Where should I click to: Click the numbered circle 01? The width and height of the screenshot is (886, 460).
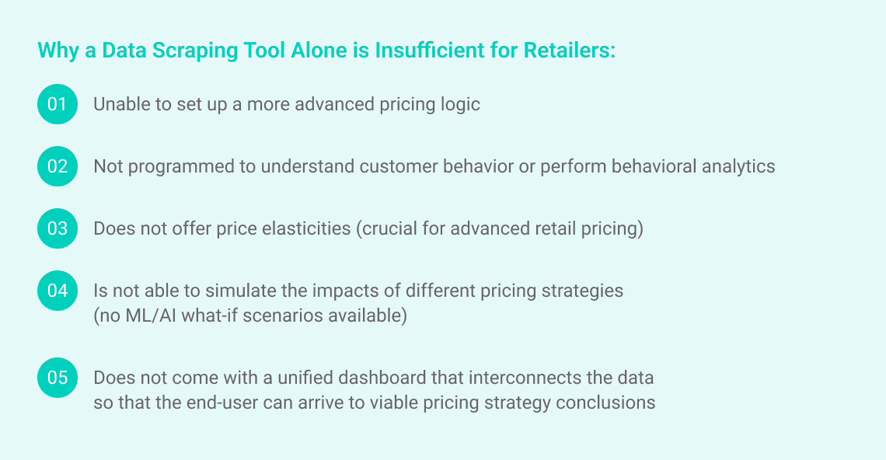click(57, 104)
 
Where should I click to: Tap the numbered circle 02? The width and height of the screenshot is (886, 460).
click(57, 166)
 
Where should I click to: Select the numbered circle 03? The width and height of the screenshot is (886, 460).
click(57, 228)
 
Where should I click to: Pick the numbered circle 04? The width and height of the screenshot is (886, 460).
click(57, 291)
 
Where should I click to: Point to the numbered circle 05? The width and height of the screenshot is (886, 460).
click(57, 378)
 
